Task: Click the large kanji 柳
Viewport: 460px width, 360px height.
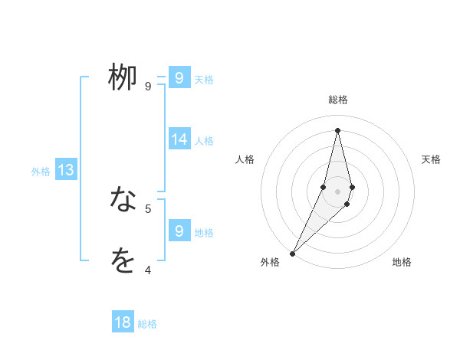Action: [x=123, y=77]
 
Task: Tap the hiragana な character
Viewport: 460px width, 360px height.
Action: [x=123, y=200]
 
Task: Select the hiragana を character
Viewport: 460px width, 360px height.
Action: [x=123, y=261]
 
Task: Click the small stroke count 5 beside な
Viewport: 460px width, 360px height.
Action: [x=148, y=208]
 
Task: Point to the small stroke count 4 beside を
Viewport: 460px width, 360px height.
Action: [x=148, y=270]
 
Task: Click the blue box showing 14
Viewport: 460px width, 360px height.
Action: [x=179, y=139]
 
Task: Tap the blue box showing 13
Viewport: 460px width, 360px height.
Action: [x=66, y=170]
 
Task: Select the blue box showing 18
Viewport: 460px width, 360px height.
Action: [x=123, y=322]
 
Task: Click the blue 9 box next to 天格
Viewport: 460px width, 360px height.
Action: [x=179, y=78]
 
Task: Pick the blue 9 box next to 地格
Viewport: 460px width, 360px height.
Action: [x=179, y=231]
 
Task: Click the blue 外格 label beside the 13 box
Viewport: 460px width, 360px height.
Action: [x=41, y=172]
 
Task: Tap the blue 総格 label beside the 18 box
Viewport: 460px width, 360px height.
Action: [x=147, y=324]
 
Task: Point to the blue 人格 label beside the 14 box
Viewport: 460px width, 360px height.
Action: [x=204, y=141]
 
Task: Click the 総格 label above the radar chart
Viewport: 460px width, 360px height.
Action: [x=337, y=100]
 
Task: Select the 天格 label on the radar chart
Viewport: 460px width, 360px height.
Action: [x=432, y=159]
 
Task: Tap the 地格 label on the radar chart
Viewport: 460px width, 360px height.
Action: [x=402, y=262]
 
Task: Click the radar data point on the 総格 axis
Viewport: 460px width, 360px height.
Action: [x=337, y=130]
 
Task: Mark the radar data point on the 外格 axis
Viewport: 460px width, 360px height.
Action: [x=292, y=253]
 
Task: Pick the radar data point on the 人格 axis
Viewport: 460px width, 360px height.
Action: [x=324, y=187]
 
